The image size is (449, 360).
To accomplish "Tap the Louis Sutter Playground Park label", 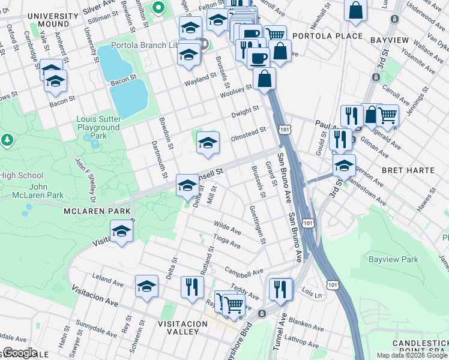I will [98, 127].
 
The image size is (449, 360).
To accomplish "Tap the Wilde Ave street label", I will [228, 228].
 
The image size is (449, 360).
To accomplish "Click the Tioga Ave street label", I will [227, 242].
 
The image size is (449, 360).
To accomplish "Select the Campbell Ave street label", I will [244, 271].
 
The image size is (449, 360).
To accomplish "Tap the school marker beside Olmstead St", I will [208, 143].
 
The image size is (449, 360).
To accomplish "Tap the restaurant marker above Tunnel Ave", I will [280, 289].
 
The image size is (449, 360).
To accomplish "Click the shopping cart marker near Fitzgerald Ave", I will [388, 114].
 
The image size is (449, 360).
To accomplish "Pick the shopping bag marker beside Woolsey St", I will [265, 78].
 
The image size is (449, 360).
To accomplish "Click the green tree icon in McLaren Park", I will [7, 140].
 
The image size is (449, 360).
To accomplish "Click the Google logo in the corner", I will [19, 353].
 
